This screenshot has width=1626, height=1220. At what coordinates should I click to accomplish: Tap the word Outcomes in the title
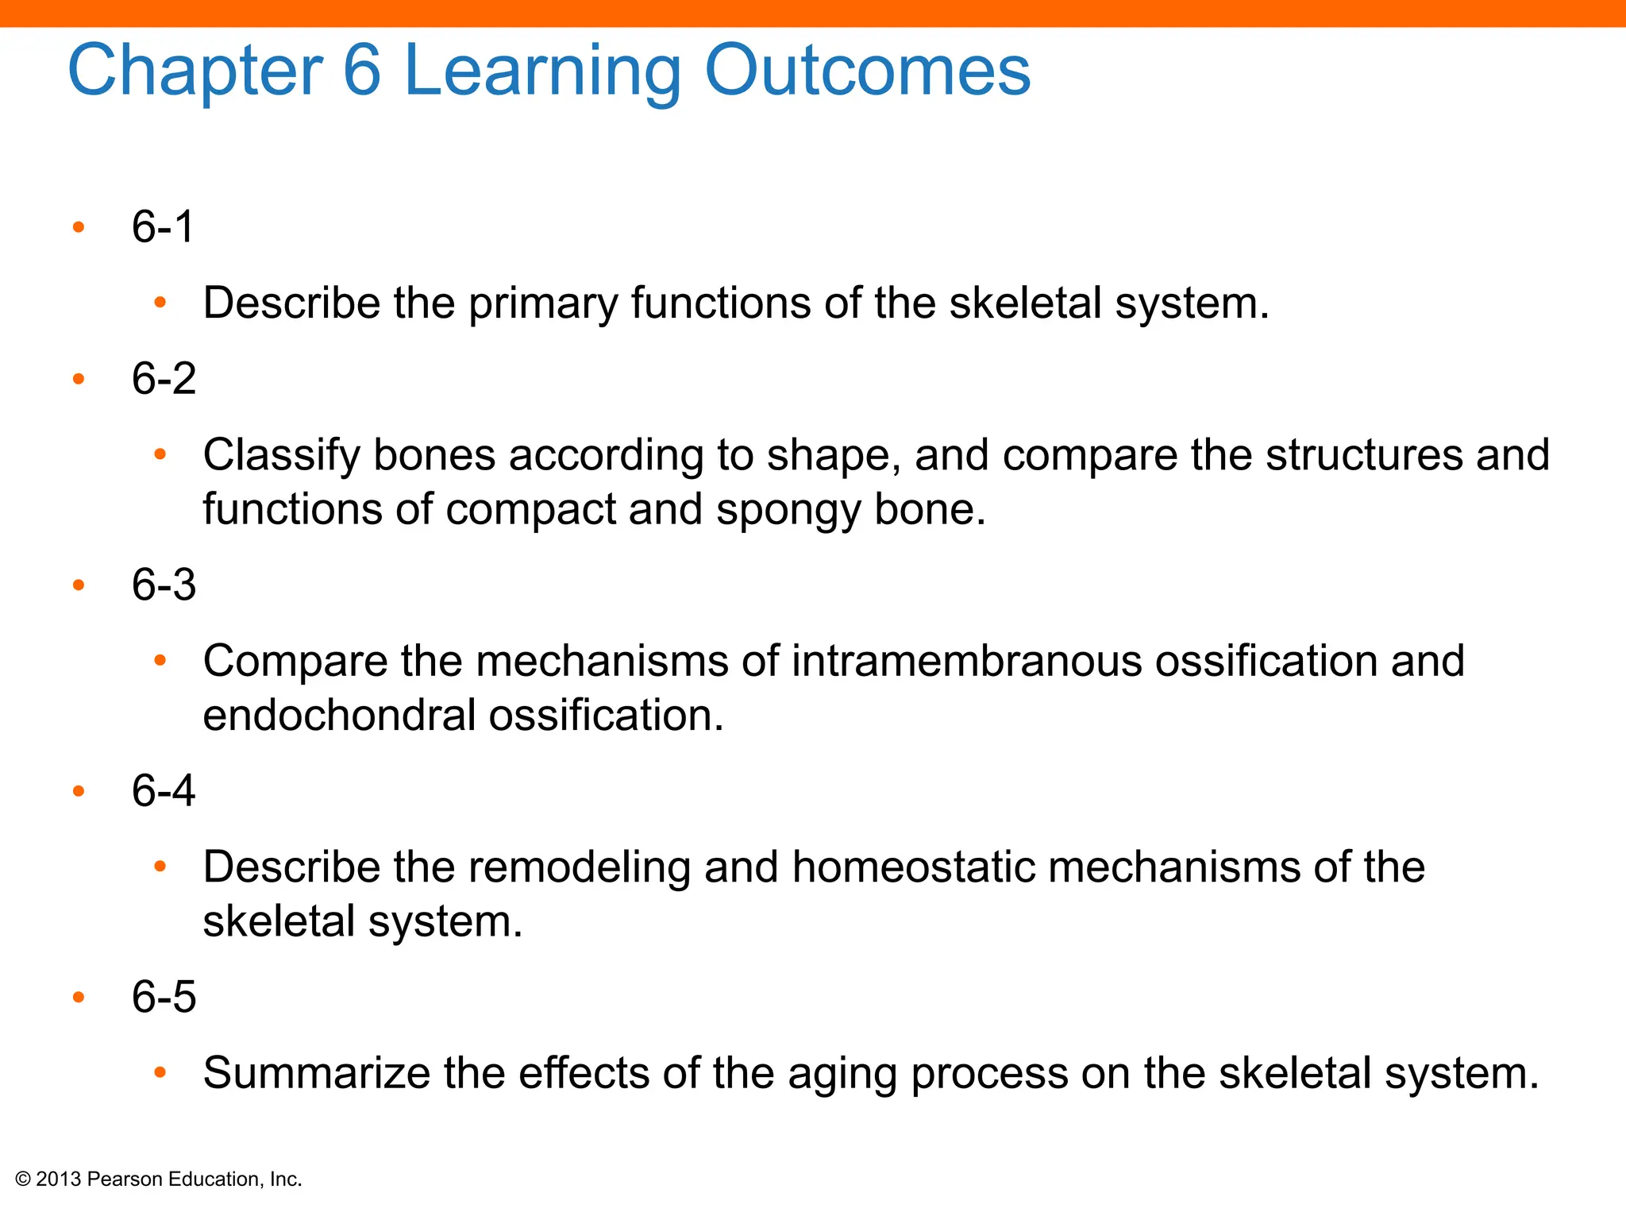click(867, 71)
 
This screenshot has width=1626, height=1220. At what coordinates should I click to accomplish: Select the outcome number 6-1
click(163, 227)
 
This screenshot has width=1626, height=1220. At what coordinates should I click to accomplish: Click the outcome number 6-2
click(164, 378)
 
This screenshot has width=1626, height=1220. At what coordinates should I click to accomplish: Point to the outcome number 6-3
click(164, 585)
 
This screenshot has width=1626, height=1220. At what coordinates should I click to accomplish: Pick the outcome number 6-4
click(164, 790)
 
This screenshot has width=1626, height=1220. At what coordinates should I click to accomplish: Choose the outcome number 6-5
click(164, 997)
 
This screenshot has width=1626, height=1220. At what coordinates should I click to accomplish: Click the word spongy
click(788, 510)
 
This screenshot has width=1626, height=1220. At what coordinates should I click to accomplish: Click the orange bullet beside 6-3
click(78, 585)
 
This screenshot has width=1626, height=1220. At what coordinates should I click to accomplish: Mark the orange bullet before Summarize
click(160, 1073)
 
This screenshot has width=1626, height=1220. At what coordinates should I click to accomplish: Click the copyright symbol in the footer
click(23, 1179)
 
